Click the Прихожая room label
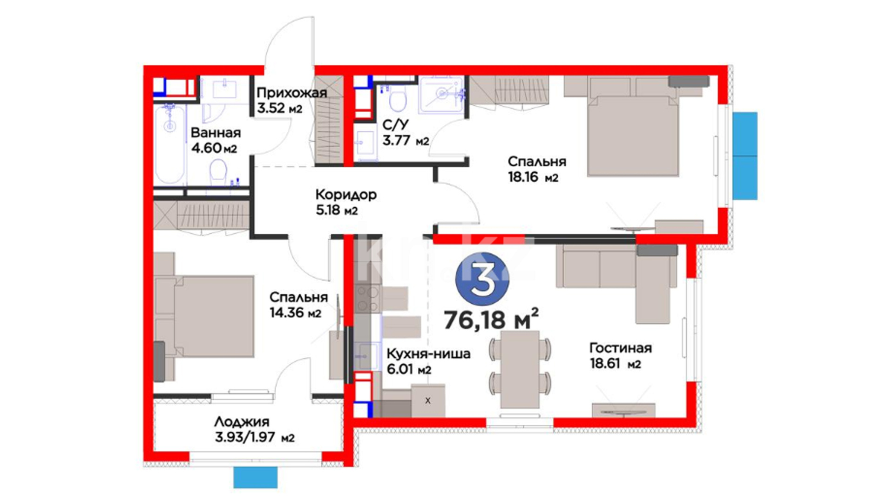pos(292,93)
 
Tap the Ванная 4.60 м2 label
pos(216,140)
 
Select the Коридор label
pos(346,194)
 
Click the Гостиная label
pos(621,348)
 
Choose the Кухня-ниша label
pos(428,354)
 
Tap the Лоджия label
pos(242,422)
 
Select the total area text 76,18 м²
pos(491,319)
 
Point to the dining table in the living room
pos(520,369)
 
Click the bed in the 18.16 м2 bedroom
pos(633,136)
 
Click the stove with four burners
pos(367,299)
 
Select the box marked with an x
pos(428,401)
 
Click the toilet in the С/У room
pos(397,99)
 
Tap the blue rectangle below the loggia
pos(255,477)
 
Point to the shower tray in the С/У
pos(441,95)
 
